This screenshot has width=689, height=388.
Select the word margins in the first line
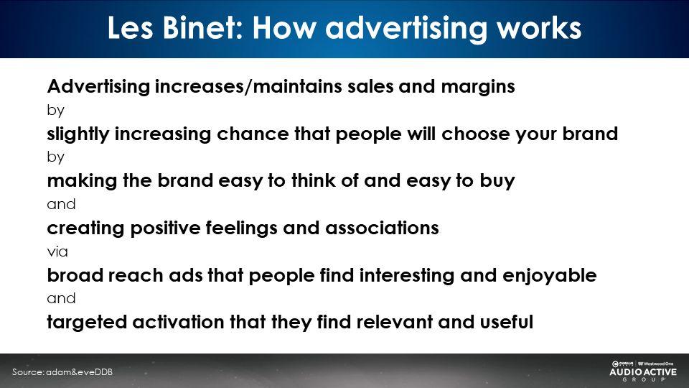coord(478,87)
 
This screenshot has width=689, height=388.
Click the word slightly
coord(78,134)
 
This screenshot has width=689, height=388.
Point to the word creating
coord(86,228)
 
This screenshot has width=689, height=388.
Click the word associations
coord(382,228)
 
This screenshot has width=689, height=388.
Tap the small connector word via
coord(57,251)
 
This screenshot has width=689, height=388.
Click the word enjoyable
coord(550,276)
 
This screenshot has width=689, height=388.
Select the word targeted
coord(87,323)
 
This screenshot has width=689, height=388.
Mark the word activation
coord(179,322)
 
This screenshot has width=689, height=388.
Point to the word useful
coord(507,322)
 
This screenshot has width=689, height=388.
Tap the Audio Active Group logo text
coord(643,374)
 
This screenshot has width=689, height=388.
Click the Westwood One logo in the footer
coord(655,364)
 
